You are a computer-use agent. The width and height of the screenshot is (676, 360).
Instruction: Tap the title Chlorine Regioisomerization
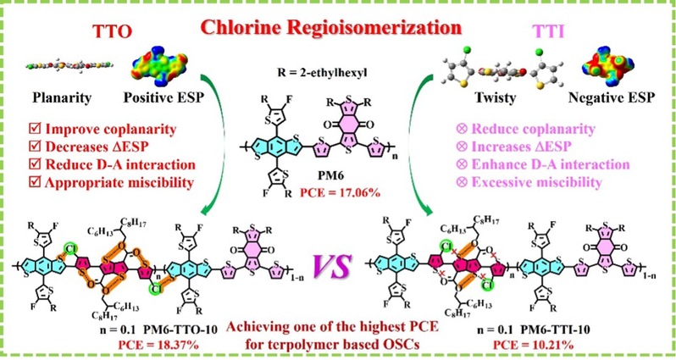click(x=331, y=29)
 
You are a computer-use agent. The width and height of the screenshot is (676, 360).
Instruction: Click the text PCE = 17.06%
click(x=341, y=193)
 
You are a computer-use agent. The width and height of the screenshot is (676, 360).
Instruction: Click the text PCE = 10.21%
click(x=533, y=346)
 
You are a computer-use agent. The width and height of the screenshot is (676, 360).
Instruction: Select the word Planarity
click(x=62, y=98)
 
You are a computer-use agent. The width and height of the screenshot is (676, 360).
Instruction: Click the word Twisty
click(x=495, y=98)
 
